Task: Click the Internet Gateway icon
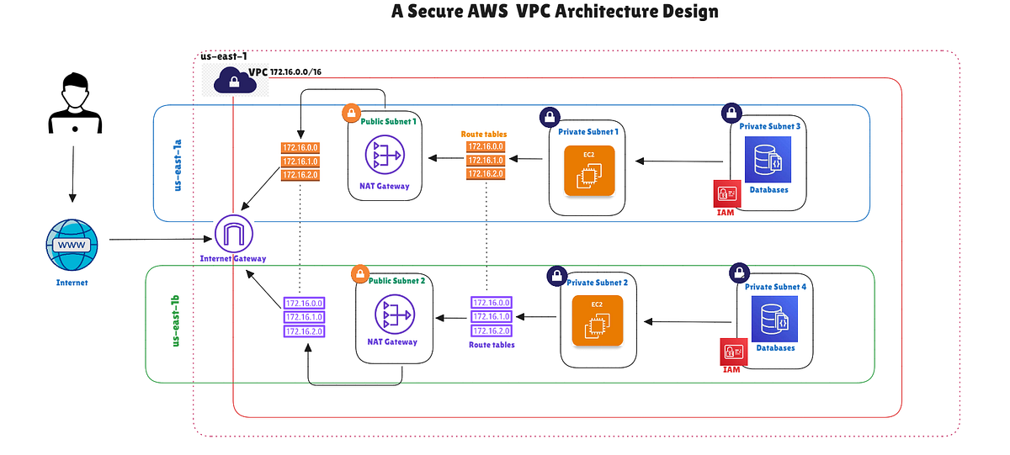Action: [233, 233]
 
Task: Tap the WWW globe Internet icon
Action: [72, 245]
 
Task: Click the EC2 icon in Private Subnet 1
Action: [590, 172]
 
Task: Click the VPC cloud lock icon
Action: [230, 81]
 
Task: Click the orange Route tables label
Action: [484, 134]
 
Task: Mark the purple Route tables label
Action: [492, 345]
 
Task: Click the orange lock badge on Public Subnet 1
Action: [350, 113]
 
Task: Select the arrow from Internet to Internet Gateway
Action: [160, 240]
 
